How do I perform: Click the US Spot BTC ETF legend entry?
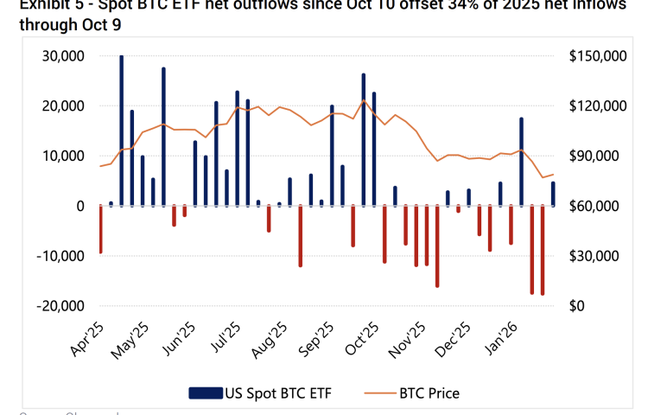(x=259, y=393)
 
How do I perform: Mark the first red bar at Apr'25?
(x=100, y=229)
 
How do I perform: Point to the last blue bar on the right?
(x=553, y=194)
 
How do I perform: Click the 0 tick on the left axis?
(x=79, y=207)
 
